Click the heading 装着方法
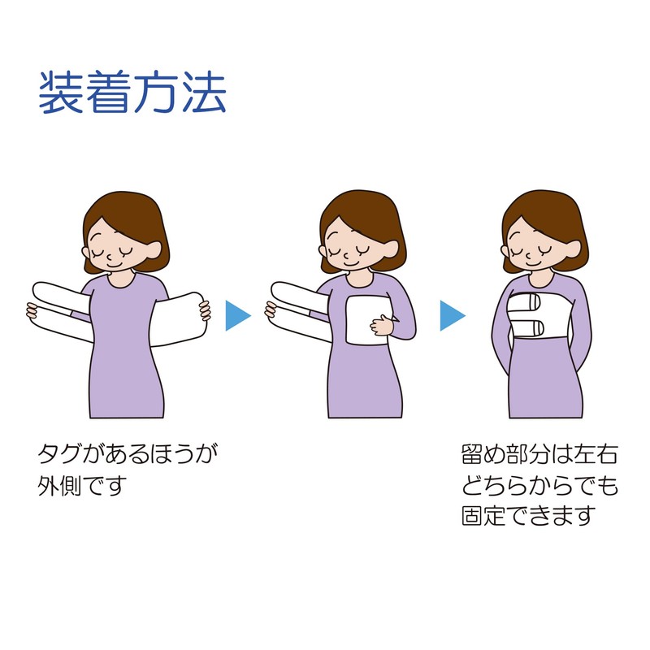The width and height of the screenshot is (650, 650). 132,92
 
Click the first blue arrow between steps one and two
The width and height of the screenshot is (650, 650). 238,315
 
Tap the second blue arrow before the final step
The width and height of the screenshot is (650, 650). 453,315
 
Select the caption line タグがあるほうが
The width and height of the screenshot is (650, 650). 128,454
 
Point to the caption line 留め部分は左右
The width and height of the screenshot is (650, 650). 539,454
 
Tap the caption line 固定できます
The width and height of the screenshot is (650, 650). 529,515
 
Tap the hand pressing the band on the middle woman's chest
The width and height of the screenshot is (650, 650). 382,324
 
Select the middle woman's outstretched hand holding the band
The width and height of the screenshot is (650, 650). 271,310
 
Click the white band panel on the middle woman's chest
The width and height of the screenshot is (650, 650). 367,319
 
